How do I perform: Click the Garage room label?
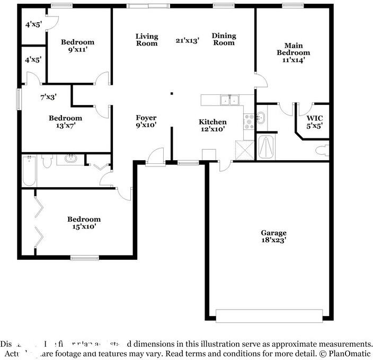273,233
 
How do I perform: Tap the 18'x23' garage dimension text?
273,240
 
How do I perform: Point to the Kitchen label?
212,122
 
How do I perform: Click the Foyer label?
146,118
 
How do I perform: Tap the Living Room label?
147,40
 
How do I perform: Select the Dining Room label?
224,39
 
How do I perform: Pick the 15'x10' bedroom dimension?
84,226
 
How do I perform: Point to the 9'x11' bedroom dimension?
77,50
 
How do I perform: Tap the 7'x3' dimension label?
48,97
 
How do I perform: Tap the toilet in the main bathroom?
322,150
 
